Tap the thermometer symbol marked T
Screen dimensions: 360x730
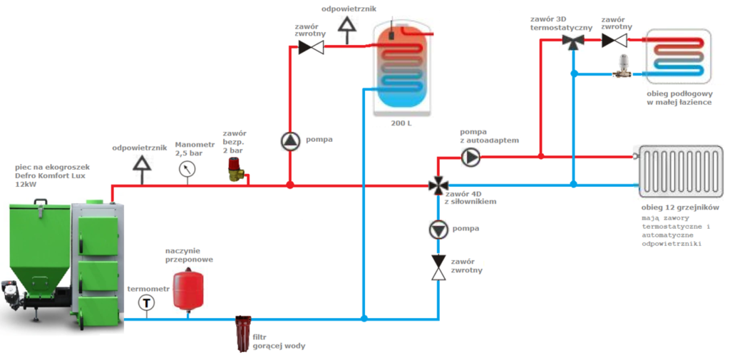(147, 303)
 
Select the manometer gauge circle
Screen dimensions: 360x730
(188, 169)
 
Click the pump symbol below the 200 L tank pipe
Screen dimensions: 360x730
(290, 140)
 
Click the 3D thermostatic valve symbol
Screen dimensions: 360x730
(572, 41)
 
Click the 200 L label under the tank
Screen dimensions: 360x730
(401, 123)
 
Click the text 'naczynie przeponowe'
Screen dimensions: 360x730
(189, 255)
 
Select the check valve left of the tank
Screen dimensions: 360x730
(310, 47)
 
